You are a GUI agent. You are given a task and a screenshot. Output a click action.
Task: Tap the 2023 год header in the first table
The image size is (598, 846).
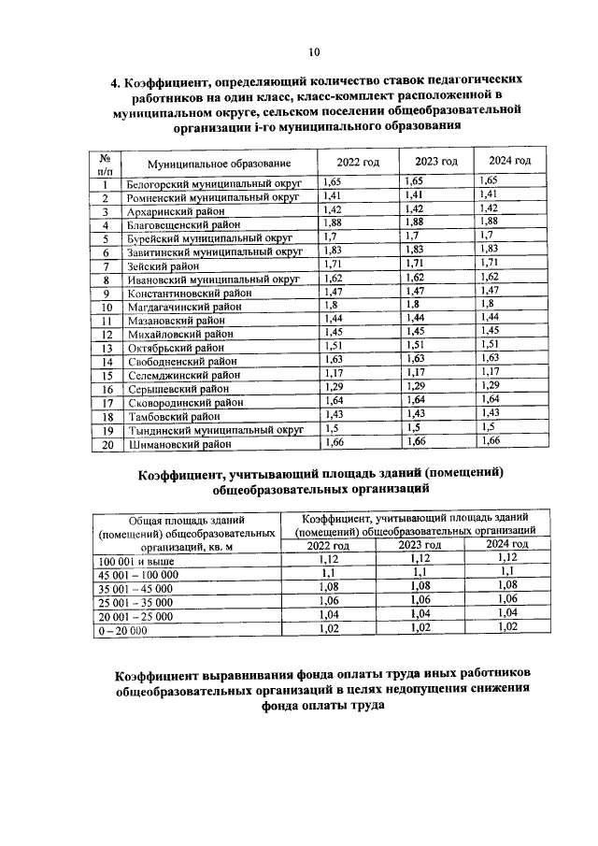(434, 162)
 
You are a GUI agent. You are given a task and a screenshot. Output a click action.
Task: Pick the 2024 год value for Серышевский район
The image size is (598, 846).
(488, 385)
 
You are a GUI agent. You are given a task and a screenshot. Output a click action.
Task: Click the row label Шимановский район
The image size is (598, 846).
(178, 445)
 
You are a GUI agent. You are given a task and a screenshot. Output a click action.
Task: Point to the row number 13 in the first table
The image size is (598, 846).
(107, 348)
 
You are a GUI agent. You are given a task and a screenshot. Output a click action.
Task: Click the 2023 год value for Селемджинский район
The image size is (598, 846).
(417, 371)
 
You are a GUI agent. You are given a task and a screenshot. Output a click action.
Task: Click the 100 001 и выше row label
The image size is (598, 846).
(137, 560)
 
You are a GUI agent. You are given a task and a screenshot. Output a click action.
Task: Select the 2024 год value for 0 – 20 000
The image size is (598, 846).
(507, 628)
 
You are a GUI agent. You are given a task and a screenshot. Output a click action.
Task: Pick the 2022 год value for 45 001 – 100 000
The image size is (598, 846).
(328, 572)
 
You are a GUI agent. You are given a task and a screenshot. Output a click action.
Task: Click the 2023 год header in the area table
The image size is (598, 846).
(420, 545)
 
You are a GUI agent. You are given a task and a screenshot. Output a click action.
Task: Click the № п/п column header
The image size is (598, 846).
(107, 164)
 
